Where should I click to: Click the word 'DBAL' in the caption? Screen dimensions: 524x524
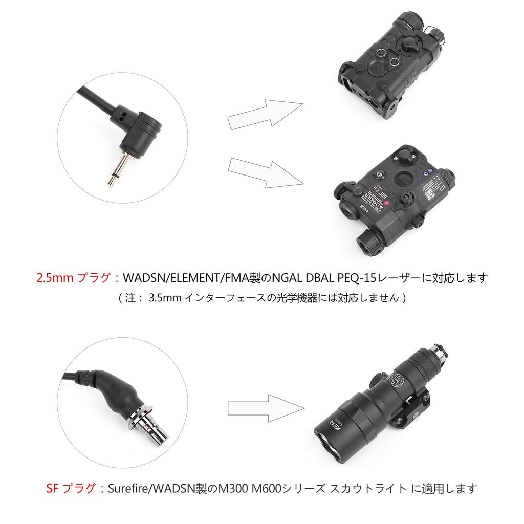[x=317, y=279]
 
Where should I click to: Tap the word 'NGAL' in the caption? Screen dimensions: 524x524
[x=287, y=279]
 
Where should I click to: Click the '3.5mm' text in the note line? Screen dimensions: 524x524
[x=165, y=298]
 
